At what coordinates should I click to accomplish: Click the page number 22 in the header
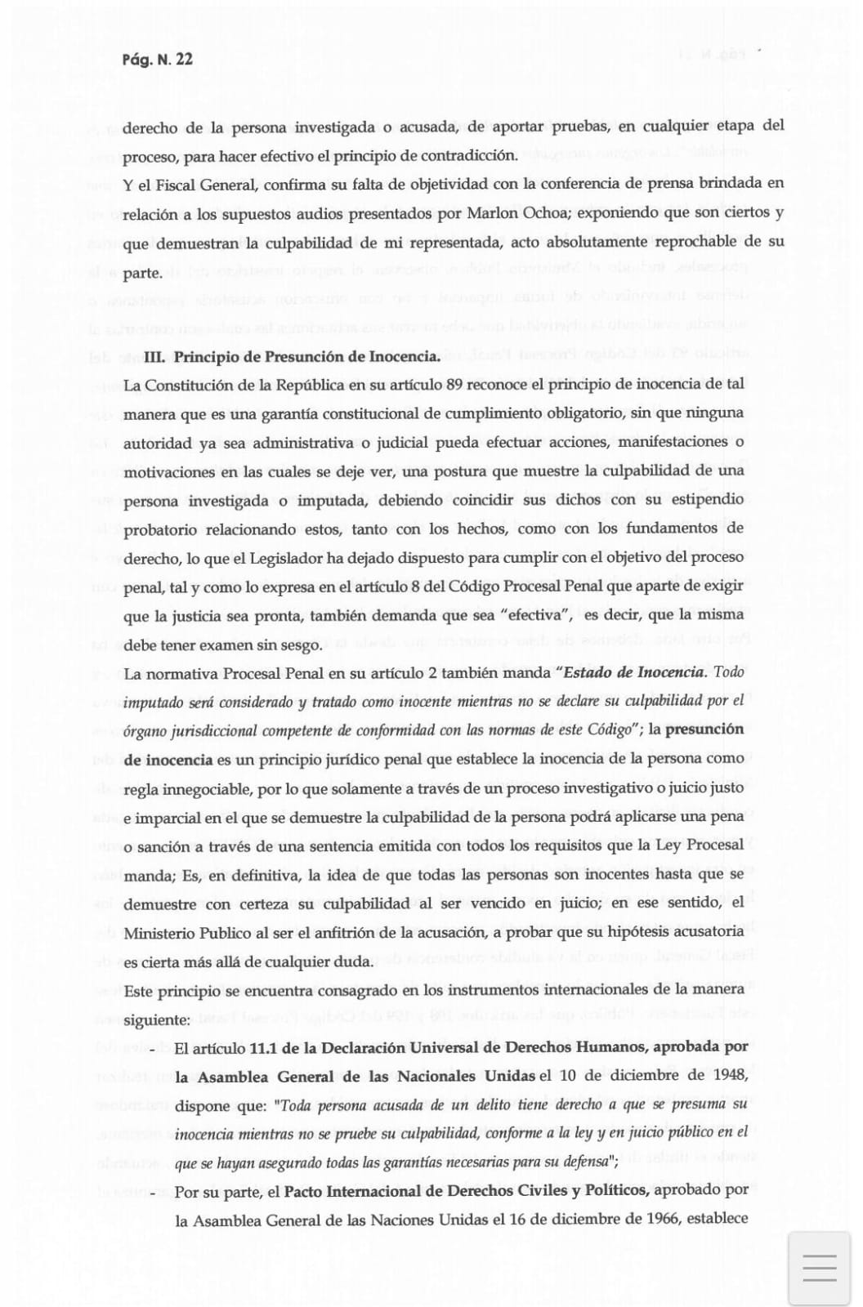coord(184,59)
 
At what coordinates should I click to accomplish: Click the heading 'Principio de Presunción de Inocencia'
coord(306,357)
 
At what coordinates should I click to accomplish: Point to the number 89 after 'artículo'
coord(456,384)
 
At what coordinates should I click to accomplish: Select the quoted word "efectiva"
coord(539,615)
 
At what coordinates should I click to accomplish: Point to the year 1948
coord(730,1076)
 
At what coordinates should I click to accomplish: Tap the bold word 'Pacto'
coord(304,1191)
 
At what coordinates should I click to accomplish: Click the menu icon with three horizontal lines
coord(819,1267)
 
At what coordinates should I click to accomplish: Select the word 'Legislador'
coord(288,557)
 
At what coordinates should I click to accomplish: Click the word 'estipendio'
coord(705,499)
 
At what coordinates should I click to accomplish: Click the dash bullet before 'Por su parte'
coord(153,1193)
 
